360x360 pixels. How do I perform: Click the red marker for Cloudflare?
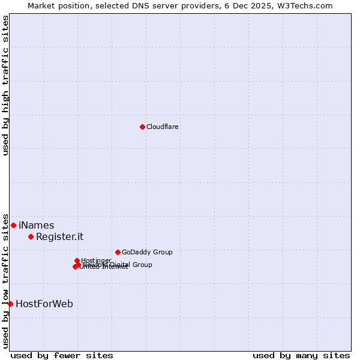click(x=142, y=127)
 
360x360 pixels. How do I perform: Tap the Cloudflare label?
click(x=163, y=127)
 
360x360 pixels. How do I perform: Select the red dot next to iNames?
click(x=13, y=225)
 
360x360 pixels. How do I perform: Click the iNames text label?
click(x=37, y=226)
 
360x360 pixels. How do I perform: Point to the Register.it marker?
click(x=31, y=236)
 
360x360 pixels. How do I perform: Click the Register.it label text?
click(x=59, y=237)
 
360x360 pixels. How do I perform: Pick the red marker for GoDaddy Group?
click(x=118, y=252)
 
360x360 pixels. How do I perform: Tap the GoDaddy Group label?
click(x=147, y=253)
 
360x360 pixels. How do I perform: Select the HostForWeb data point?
click(x=10, y=304)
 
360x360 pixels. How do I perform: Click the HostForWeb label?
click(x=44, y=304)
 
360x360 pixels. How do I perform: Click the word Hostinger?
click(x=96, y=260)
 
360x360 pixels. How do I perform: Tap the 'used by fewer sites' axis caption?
click(x=62, y=356)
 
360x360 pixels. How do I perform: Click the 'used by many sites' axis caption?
click(x=301, y=356)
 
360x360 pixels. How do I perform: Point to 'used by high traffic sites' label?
click(x=5, y=85)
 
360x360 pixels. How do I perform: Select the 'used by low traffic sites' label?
click(x=5, y=280)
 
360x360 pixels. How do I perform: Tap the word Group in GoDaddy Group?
click(x=162, y=253)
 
